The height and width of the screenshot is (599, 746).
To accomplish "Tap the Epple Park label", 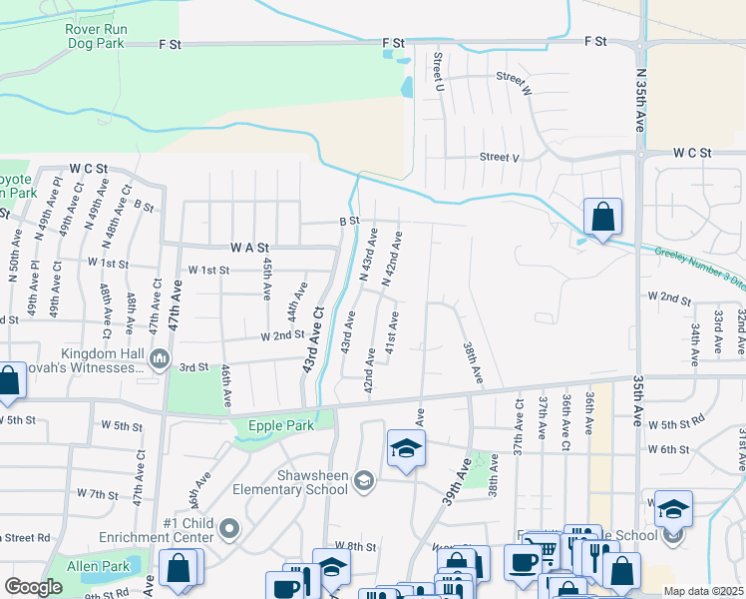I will click(x=281, y=426).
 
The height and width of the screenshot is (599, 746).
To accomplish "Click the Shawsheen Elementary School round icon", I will click(x=365, y=482).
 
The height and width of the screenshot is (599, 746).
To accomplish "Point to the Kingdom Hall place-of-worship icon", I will click(x=160, y=356).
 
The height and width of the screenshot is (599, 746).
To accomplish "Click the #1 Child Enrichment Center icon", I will click(x=229, y=528).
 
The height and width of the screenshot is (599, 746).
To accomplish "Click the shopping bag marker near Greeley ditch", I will click(x=603, y=217).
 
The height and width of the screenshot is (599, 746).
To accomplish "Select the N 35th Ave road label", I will click(x=640, y=101).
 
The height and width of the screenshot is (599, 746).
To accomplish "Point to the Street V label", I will click(x=500, y=157).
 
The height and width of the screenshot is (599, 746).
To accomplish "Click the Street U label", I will click(x=438, y=72).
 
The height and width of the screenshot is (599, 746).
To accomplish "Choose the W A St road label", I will click(x=250, y=247).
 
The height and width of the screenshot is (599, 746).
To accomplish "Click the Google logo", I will click(x=33, y=586).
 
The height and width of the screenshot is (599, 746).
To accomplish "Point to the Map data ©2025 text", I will click(x=702, y=591).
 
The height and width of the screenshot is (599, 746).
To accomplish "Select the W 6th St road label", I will click(x=668, y=450).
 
